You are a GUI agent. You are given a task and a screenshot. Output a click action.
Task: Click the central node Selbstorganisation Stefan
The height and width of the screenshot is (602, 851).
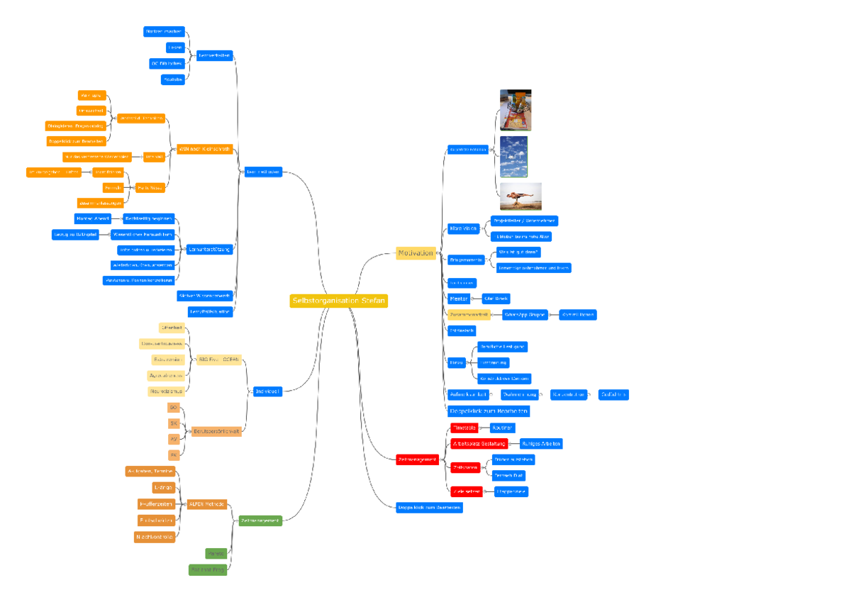point(339,301)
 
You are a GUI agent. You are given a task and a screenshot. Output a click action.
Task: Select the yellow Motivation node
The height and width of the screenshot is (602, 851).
point(416,253)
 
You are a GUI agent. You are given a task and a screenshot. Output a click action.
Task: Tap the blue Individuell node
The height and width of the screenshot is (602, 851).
point(267,391)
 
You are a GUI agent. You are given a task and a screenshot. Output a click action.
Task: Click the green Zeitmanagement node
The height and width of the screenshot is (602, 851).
point(260,520)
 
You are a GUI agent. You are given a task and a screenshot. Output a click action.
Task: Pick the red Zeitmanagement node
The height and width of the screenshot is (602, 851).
point(417,459)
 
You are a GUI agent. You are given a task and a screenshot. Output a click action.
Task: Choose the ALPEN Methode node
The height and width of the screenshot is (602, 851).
point(206,504)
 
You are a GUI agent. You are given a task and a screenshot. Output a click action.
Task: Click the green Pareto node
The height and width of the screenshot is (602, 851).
point(216,553)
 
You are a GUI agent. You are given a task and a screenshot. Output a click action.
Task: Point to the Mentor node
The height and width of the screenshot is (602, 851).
point(459,299)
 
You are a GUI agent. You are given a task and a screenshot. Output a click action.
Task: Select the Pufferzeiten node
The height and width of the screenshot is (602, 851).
point(155,504)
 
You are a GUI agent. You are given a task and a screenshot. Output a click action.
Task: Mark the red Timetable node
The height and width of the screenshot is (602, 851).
point(465,428)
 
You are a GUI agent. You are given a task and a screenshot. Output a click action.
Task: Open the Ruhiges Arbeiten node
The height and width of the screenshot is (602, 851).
point(540,443)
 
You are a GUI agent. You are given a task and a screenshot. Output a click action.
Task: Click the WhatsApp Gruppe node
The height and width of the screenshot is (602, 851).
point(525,314)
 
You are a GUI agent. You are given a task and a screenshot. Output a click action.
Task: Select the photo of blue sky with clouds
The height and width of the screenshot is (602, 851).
point(513,156)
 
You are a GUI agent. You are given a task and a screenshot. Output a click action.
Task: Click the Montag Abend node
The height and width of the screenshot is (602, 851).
point(93,219)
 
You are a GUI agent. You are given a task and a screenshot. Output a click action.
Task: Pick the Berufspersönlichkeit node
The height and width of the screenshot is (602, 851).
point(216,431)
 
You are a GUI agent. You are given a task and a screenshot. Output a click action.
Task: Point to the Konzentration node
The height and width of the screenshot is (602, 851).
point(569,394)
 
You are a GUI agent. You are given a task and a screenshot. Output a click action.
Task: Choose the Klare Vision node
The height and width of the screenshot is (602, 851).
point(464,228)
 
